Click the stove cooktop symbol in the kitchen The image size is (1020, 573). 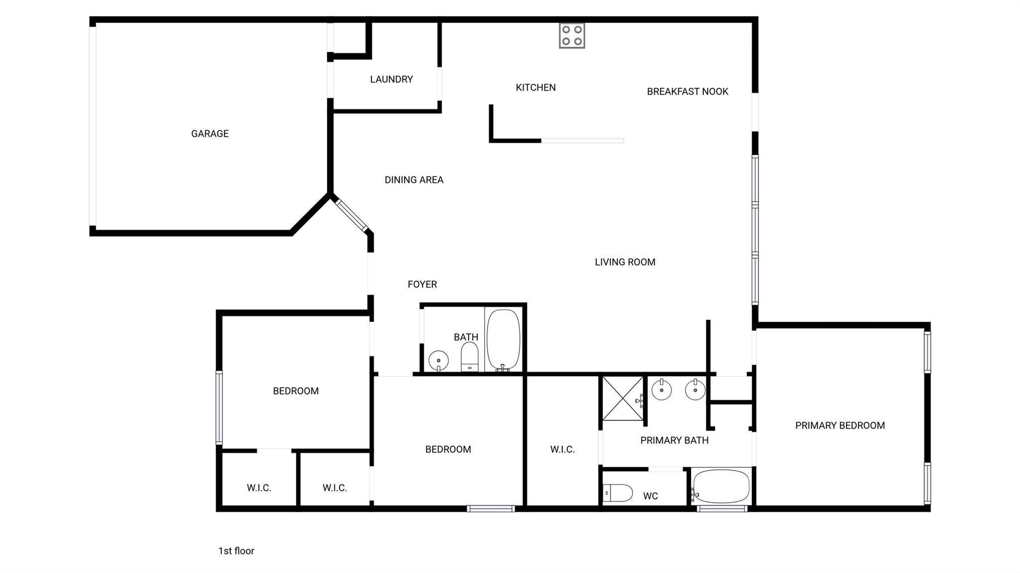click(572, 35)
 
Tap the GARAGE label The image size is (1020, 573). click(210, 133)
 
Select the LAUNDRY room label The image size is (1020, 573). click(391, 79)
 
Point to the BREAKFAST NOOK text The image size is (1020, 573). click(687, 92)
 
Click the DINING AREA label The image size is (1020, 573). click(414, 180)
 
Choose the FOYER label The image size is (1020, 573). click(422, 284)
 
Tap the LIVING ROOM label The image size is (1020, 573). click(625, 262)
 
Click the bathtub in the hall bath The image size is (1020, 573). click(503, 340)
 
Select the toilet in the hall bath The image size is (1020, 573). click(470, 357)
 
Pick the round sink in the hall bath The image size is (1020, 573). click(438, 359)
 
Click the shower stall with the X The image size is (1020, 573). click(623, 399)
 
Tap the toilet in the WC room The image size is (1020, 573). click(618, 493)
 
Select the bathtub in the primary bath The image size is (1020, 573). click(721, 486)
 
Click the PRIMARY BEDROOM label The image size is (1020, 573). click(840, 426)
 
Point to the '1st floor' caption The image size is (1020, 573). click(236, 551)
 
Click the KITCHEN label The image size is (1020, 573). click(535, 88)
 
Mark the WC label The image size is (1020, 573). click(650, 496)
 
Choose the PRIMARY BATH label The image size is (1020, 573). click(674, 440)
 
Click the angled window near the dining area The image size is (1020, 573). click(352, 215)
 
